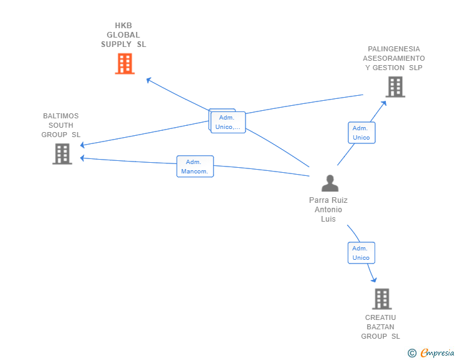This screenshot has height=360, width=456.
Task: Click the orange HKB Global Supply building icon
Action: click(x=125, y=63)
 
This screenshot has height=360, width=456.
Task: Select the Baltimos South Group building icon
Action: click(x=62, y=154)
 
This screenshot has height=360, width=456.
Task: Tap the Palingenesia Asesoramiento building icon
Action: click(x=395, y=87)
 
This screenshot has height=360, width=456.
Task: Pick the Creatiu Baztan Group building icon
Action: click(x=381, y=299)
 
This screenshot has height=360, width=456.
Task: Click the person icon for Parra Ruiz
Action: click(x=329, y=183)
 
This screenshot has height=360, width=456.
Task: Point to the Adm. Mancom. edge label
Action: click(x=195, y=167)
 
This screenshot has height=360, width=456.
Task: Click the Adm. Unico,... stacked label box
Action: click(x=227, y=122)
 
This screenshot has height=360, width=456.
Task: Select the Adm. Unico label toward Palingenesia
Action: click(x=361, y=133)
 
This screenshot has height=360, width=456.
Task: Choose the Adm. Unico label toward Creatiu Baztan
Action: click(x=361, y=253)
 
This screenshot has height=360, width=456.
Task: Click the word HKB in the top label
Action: click(x=123, y=26)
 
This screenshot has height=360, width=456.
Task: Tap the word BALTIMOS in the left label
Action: click(x=61, y=116)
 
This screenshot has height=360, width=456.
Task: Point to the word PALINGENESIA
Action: click(x=394, y=49)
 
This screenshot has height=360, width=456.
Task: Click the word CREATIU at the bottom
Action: click(x=381, y=317)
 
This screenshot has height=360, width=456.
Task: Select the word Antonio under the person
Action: click(x=328, y=210)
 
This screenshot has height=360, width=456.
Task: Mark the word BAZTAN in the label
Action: click(x=380, y=327)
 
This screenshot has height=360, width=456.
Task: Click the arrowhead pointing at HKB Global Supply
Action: click(x=148, y=80)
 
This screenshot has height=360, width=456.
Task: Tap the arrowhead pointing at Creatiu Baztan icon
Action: click(x=374, y=279)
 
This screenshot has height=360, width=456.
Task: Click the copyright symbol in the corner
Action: click(x=412, y=353)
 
